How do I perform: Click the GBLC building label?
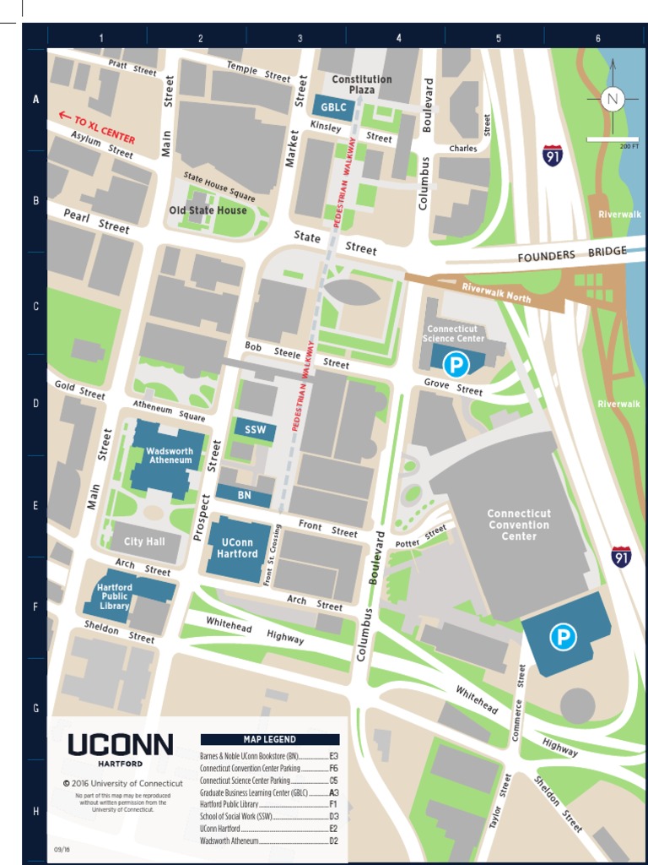(327, 106)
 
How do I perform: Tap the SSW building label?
(255, 430)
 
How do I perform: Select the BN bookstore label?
(245, 495)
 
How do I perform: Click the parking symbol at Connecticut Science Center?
(456, 365)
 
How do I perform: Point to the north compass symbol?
(613, 99)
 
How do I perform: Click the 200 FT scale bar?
(613, 139)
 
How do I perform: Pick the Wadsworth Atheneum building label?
(170, 455)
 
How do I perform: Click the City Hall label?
(145, 541)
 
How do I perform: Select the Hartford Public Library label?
(114, 596)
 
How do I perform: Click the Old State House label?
(208, 210)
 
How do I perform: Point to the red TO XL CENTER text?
(97, 128)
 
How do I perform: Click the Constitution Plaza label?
(361, 84)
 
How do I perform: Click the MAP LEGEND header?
(270, 739)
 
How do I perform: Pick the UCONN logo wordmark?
(120, 744)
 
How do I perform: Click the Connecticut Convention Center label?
(519, 525)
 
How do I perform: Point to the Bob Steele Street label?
(296, 355)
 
